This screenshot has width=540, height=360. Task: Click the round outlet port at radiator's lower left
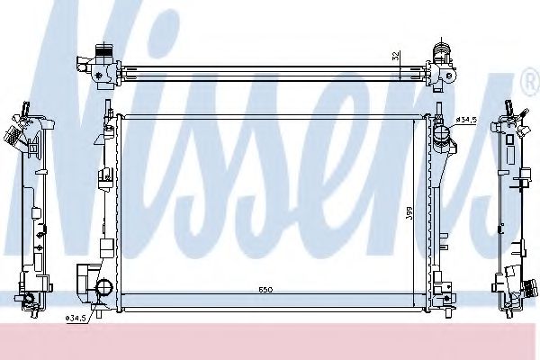coord(103,289)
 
